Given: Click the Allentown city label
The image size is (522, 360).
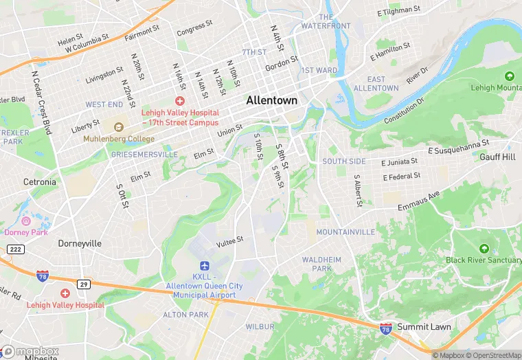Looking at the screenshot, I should point(272,100).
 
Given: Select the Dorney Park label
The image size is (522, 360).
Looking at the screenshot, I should point(27,232).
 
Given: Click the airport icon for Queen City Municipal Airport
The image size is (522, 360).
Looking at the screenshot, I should point(203,266).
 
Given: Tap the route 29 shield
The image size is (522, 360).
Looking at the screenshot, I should point(83,284).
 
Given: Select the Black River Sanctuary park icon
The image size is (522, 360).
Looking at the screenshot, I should point(484,248).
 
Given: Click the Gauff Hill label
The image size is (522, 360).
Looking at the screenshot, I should point(497,157).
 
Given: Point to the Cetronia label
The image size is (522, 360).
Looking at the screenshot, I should point(39,182).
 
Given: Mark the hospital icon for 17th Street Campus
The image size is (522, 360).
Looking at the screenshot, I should point(179,101).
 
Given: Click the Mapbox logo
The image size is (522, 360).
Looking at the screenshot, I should point(31,352).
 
